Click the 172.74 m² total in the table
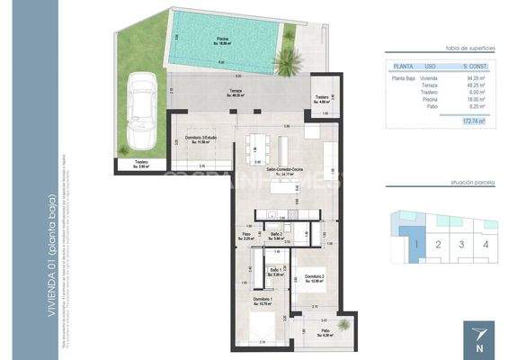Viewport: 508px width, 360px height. pos(470,120)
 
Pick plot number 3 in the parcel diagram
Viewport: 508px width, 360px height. pos(461,243)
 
